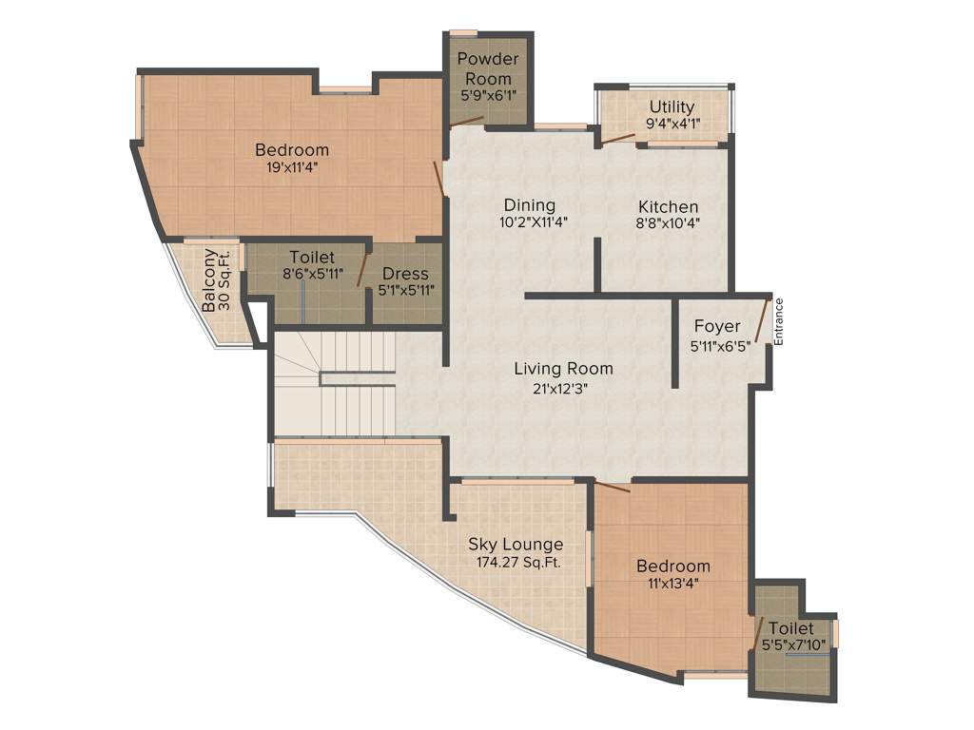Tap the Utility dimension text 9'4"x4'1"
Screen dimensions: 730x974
tap(672, 123)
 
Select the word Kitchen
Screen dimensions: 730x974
tap(668, 206)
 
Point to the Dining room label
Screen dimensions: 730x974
tap(529, 205)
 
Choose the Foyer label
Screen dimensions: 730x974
tap(716, 327)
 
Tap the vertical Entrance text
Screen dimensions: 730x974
tap(778, 321)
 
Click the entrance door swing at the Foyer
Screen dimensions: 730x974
tap(761, 318)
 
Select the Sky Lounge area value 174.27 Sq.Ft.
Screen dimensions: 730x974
tap(518, 562)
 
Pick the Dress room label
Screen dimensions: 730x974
tap(405, 274)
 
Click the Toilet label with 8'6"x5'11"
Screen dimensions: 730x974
tap(312, 257)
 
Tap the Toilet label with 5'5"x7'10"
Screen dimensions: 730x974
tap(790, 628)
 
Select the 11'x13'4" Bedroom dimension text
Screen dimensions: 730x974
tap(672, 584)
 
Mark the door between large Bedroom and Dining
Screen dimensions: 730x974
tap(438, 178)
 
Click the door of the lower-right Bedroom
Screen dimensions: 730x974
tap(611, 487)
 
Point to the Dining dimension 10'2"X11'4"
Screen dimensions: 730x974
tap(529, 223)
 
